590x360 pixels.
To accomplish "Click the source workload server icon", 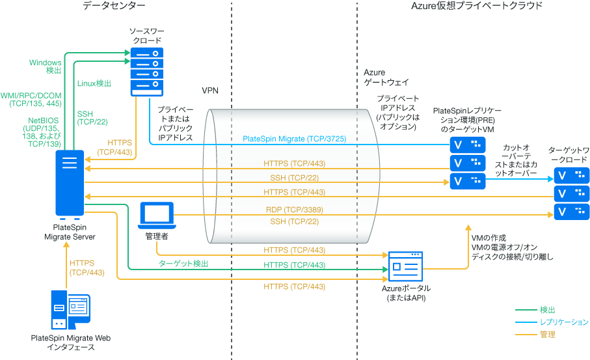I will pos(146,70).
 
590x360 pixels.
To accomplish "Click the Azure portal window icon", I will pos(406,267).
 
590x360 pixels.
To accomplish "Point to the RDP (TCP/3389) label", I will pos(294,210).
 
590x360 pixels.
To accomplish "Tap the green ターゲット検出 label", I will pos(183,264).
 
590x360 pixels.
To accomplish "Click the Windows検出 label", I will pos(46,66).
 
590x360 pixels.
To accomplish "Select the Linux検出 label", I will pos(94,83).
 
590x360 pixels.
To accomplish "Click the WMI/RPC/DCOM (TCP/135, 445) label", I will pos(31,99).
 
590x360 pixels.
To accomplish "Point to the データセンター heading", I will pos(114,6).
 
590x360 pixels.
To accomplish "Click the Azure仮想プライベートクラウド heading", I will pos(477,6).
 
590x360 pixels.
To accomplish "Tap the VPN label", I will pos(209,90).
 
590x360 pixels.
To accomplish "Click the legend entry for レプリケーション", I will pos(563,322).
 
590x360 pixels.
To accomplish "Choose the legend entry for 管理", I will pos(548,335).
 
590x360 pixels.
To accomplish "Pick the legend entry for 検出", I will pos(548,310).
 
